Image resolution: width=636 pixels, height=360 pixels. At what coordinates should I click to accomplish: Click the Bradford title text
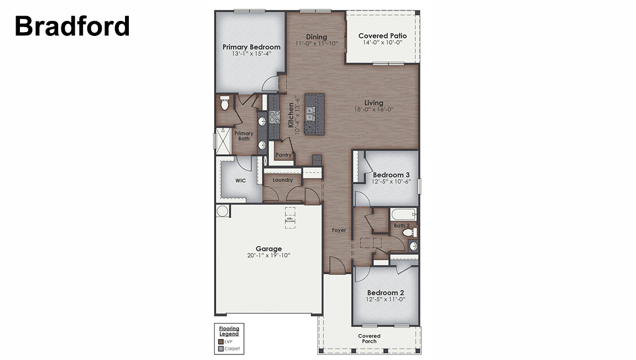tap(72, 26)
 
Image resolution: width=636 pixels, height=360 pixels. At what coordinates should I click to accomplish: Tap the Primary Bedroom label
tap(251, 47)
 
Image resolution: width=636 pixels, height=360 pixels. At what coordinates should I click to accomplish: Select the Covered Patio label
tap(382, 36)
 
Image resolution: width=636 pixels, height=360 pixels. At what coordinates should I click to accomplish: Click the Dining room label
tap(316, 37)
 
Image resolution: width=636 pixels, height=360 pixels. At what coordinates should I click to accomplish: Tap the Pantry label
tap(283, 155)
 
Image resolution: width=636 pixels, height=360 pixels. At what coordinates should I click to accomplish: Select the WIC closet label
tap(240, 180)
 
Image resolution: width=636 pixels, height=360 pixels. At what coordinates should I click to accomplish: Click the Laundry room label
tap(283, 180)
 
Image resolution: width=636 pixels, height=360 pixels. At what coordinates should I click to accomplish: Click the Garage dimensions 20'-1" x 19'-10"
tap(269, 255)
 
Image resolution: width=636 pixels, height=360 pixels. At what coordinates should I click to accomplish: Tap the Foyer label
tap(338, 229)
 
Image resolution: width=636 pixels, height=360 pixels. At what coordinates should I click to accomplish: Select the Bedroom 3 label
tap(387, 175)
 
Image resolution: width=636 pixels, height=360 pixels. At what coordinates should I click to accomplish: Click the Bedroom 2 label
tap(385, 293)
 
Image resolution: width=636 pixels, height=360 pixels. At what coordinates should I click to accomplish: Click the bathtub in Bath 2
tap(404, 214)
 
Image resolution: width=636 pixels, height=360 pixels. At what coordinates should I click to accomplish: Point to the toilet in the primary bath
tap(225, 103)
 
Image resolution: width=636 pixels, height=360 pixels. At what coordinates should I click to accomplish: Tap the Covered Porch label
tap(369, 338)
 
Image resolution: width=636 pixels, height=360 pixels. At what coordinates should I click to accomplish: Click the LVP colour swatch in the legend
tap(221, 342)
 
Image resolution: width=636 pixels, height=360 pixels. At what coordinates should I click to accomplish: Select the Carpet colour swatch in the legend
tap(221, 348)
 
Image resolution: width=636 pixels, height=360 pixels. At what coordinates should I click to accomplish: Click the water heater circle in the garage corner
tap(222, 211)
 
